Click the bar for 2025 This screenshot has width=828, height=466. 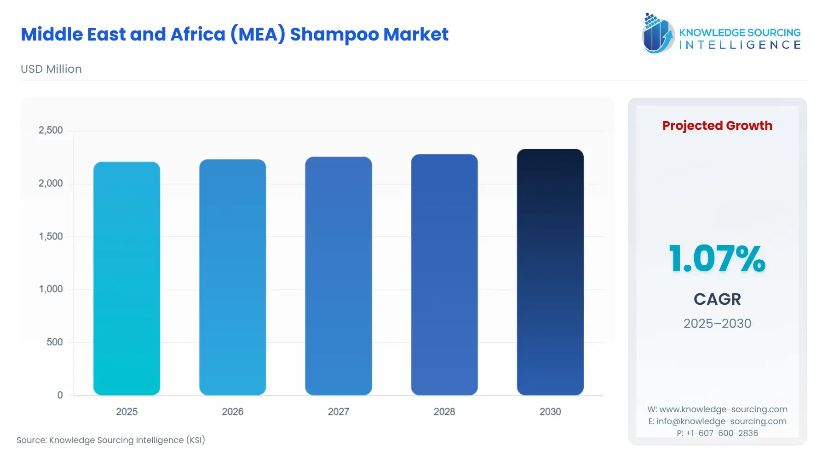pyautogui.click(x=126, y=278)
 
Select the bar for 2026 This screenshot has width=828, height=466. pyautogui.click(x=232, y=277)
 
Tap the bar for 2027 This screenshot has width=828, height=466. pyautogui.click(x=339, y=276)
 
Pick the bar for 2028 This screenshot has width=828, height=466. pyautogui.click(x=444, y=274)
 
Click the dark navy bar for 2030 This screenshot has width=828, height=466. pyautogui.click(x=550, y=272)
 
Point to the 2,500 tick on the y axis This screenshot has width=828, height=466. pyautogui.click(x=51, y=130)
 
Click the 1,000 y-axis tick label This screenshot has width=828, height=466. pyautogui.click(x=51, y=289)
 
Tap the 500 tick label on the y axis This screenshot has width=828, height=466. pyautogui.click(x=54, y=342)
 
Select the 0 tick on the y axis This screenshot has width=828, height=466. pyautogui.click(x=60, y=395)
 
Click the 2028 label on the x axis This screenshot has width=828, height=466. pyautogui.click(x=444, y=412)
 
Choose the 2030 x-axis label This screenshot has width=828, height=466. pyautogui.click(x=550, y=412)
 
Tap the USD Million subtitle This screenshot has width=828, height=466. pyautogui.click(x=51, y=69)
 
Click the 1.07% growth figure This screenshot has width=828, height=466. pyautogui.click(x=717, y=259)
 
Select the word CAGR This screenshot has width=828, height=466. pyautogui.click(x=717, y=299)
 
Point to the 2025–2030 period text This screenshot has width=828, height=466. pyautogui.click(x=717, y=324)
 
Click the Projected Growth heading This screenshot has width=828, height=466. pyautogui.click(x=717, y=126)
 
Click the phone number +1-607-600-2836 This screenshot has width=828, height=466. pyautogui.click(x=722, y=433)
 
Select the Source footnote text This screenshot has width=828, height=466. pyautogui.click(x=111, y=440)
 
